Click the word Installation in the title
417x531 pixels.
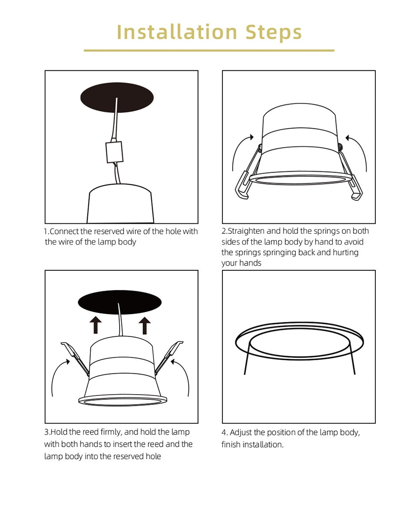click(177, 32)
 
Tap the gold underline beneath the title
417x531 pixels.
click(209, 50)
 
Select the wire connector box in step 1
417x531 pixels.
click(114, 152)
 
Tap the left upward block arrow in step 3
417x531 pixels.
click(96, 325)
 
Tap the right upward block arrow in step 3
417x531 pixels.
click(145, 325)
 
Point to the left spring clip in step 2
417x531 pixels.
click(247, 172)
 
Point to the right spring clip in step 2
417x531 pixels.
click(350, 172)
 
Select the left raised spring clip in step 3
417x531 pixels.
click(75, 358)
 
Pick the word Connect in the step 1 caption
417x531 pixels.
click(65, 231)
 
